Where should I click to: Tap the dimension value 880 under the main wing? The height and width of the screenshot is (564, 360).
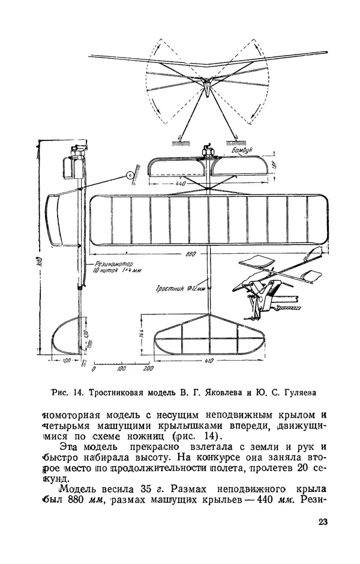pos(191,254)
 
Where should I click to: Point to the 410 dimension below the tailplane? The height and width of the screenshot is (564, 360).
pos(209,362)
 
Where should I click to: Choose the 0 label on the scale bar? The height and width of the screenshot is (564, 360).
pos(94,370)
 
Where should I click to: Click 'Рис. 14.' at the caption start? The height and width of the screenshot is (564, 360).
pos(68,393)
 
